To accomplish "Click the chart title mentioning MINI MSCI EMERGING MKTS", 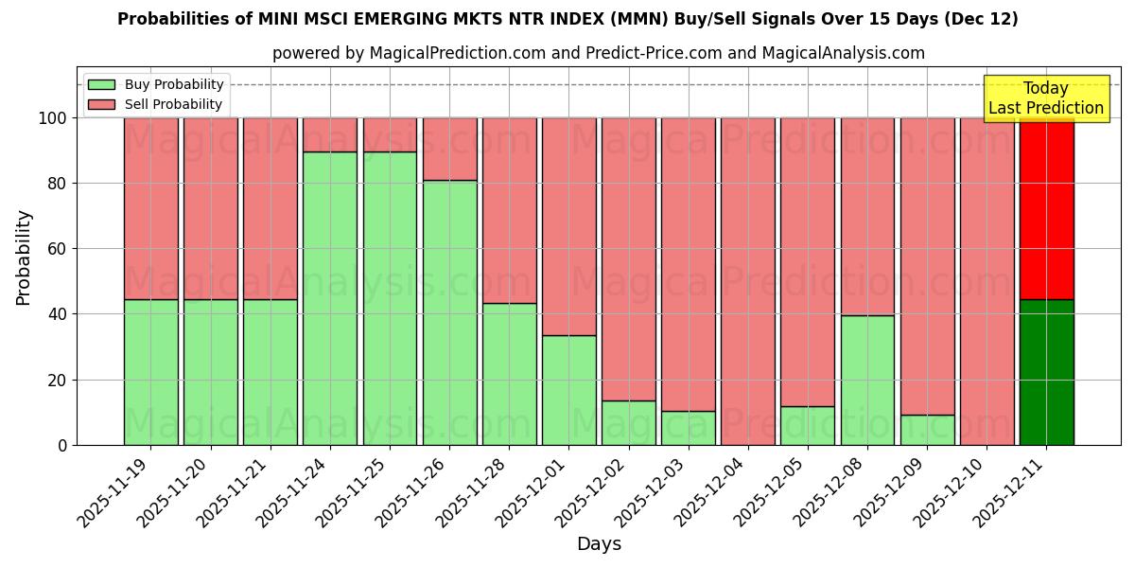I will coord(567,19).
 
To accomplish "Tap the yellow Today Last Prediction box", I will coord(1046,98).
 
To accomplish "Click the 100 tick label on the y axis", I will coord(52,118).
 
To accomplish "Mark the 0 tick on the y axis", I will coord(62,445).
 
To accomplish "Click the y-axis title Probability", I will coord(24,257).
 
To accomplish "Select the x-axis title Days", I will coord(599,544).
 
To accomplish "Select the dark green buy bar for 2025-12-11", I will coord(1046,372).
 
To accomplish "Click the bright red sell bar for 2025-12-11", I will coord(1046,208).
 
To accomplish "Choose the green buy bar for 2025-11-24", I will coord(330,298).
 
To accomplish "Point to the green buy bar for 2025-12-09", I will coord(927,430).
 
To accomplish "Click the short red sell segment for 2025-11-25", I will coord(390,134).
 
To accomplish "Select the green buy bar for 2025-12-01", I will coord(568,390).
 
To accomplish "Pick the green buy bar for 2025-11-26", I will coord(449,312).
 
